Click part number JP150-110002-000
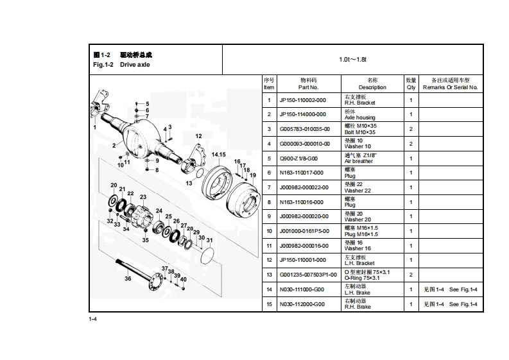[x=302, y=100]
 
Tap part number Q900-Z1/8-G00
[x=298, y=158]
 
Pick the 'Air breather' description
[x=358, y=161]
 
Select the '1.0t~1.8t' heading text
[x=352, y=60]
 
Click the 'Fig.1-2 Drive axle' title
[x=121, y=65]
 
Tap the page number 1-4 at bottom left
[x=93, y=319]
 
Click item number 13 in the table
[x=269, y=275]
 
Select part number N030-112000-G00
[x=302, y=304]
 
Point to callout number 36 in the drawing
[x=128, y=279]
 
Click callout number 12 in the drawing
[x=198, y=136]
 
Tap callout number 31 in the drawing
[x=209, y=240]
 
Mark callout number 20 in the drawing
[x=114, y=185]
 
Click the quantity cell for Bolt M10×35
[x=411, y=129]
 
